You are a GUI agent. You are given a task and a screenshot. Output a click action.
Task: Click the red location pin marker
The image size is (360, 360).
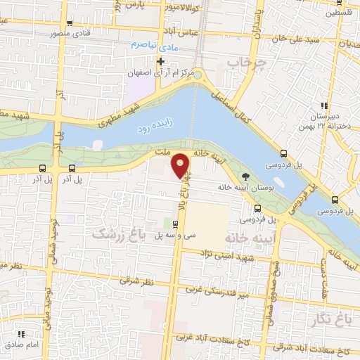(x=181, y=165)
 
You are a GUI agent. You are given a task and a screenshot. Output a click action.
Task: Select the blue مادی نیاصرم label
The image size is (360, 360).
(x=150, y=44)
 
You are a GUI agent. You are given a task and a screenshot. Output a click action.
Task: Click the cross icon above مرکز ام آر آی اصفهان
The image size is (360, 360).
(x=161, y=61)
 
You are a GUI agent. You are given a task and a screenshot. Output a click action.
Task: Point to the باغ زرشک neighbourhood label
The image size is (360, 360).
(x=115, y=236)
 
